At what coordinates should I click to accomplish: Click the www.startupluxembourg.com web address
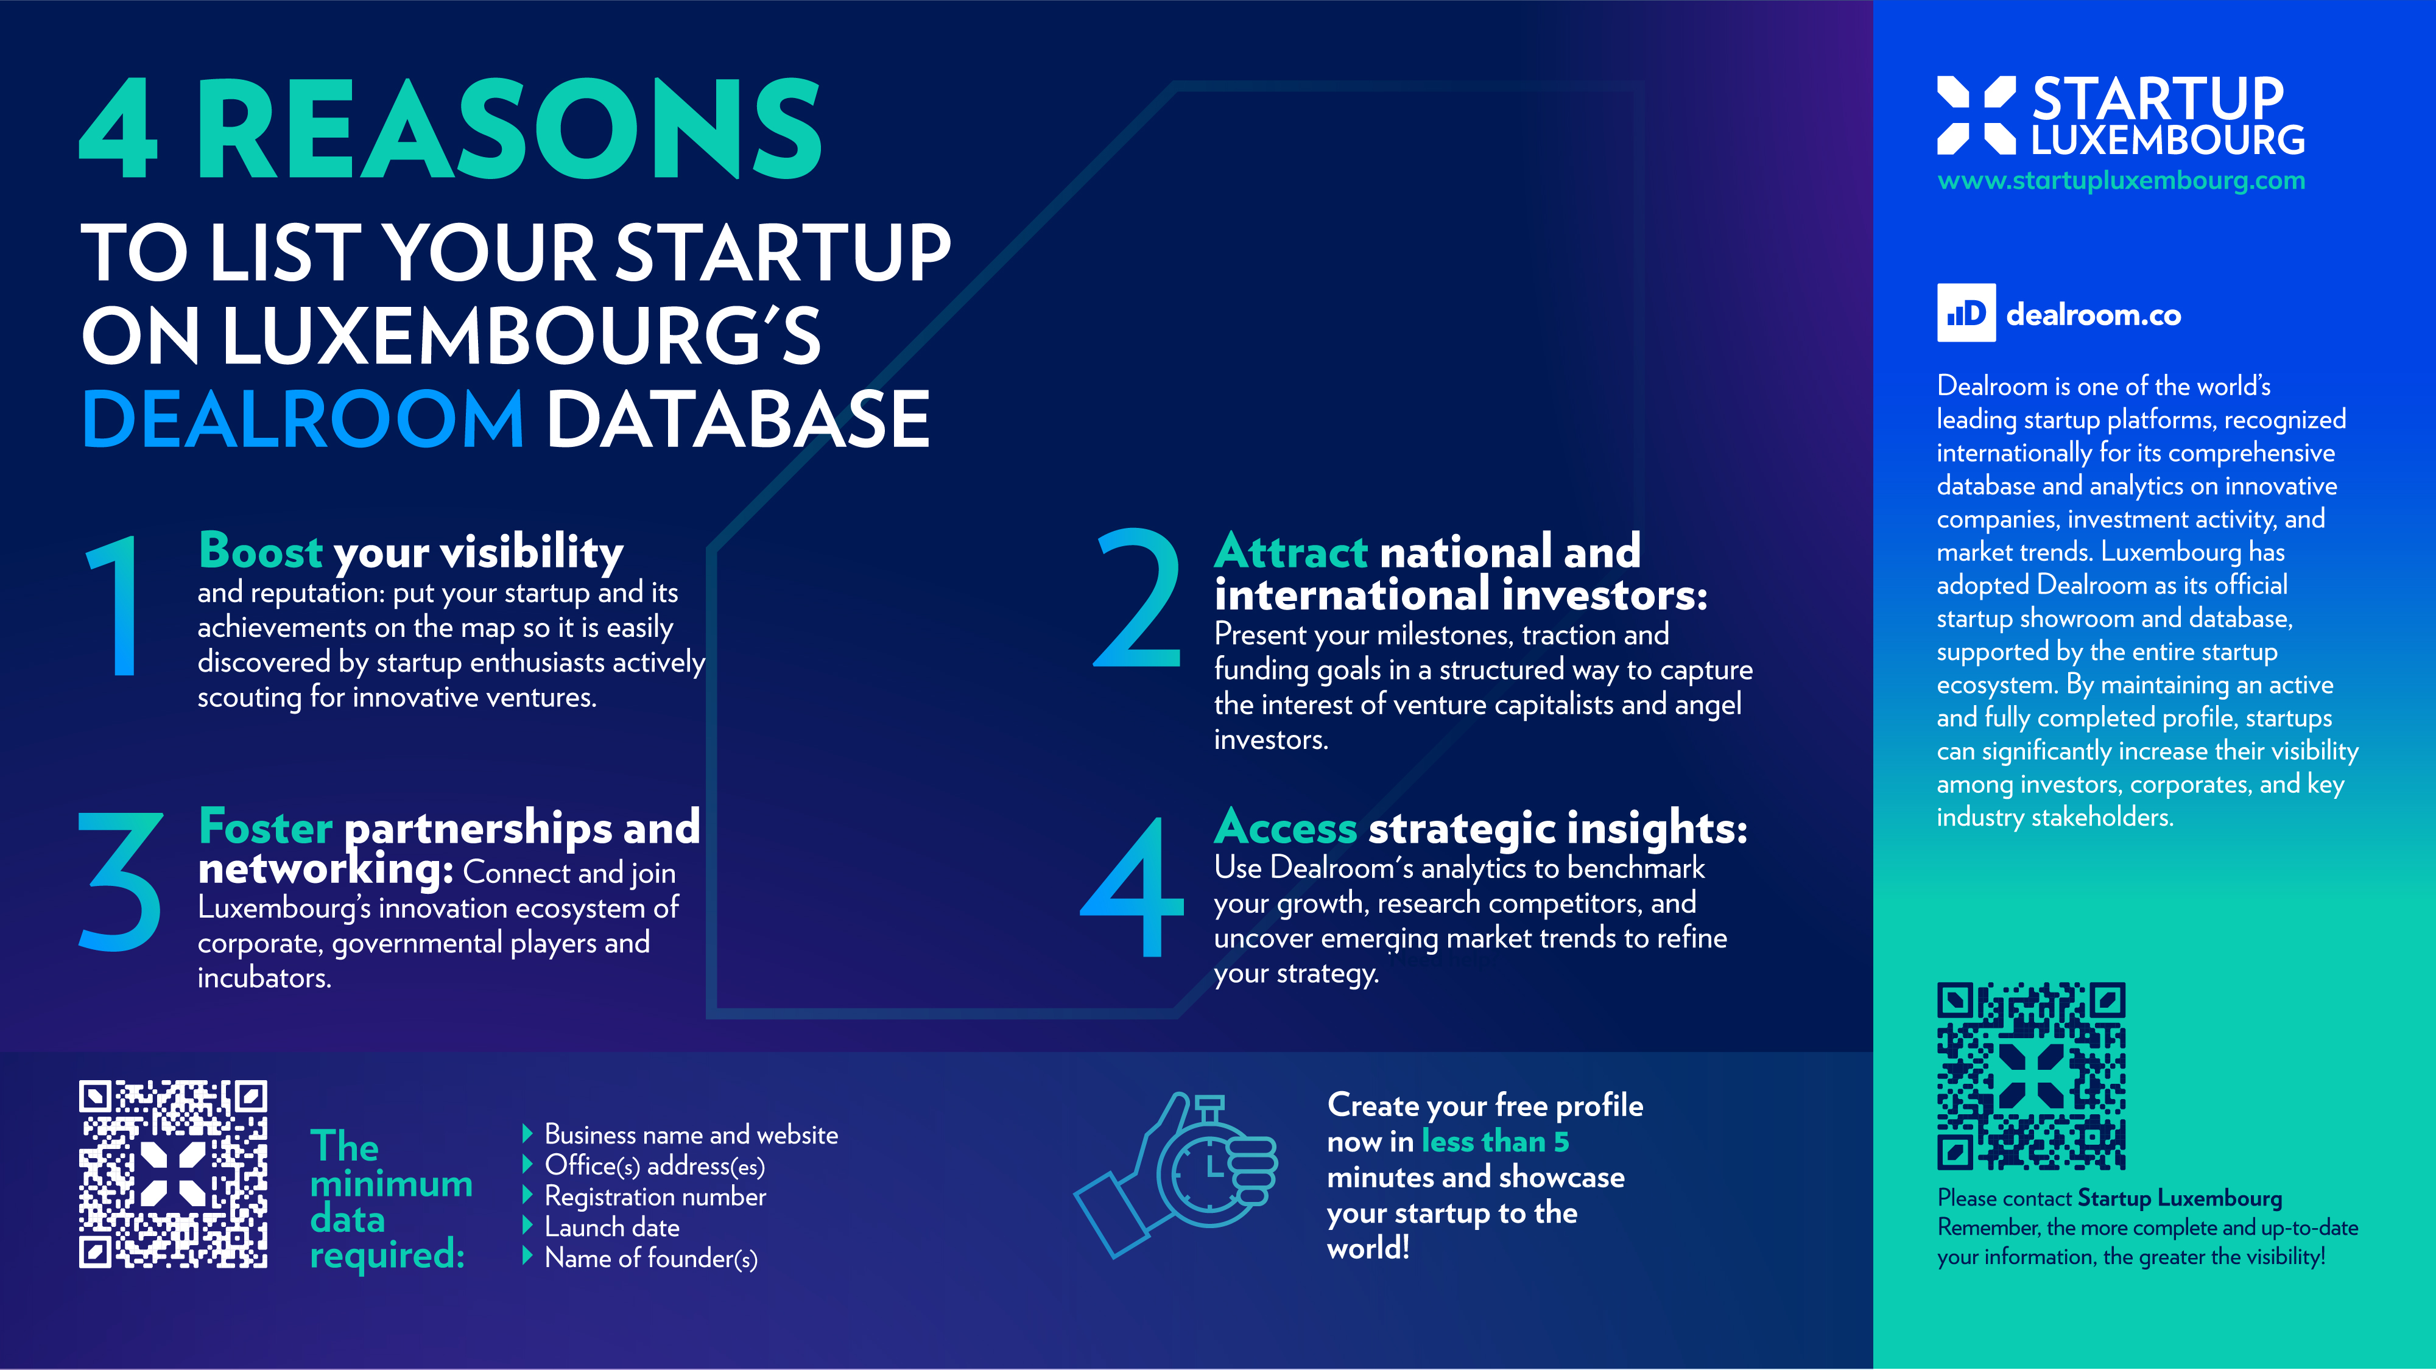point(2121,181)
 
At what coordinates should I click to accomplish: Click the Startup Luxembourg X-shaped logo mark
point(1976,114)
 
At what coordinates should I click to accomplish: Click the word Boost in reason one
point(261,551)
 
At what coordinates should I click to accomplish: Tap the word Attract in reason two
point(1291,551)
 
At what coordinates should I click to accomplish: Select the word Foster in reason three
point(266,827)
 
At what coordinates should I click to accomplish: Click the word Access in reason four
point(1286,827)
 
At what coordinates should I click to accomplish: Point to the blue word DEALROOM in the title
point(303,419)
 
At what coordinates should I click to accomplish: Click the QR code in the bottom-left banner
point(173,1175)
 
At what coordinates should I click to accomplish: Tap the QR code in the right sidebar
point(2031,1076)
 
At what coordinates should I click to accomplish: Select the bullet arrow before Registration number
point(527,1196)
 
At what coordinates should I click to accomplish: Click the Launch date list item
point(612,1228)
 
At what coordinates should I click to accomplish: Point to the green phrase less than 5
point(1495,1141)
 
